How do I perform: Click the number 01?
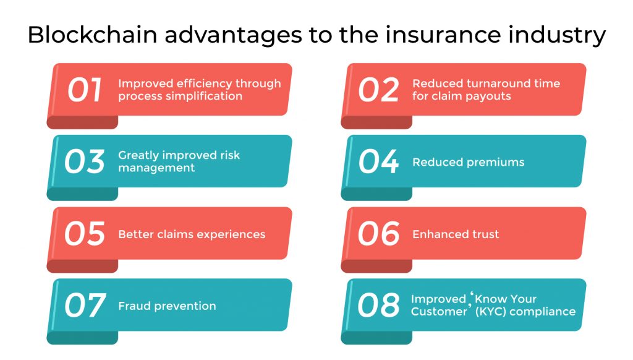point(85,90)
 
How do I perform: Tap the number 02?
point(378,90)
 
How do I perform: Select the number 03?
point(85,162)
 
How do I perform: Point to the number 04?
point(378,162)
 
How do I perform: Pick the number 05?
point(85,234)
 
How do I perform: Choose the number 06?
point(378,234)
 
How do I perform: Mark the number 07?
point(85,306)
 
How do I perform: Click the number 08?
point(378,306)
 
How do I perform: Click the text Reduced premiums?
point(468,163)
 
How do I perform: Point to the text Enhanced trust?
point(456,234)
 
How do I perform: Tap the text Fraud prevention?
point(167,306)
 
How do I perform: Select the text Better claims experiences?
point(192,234)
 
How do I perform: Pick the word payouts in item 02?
point(489,96)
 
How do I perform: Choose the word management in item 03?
point(156,168)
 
